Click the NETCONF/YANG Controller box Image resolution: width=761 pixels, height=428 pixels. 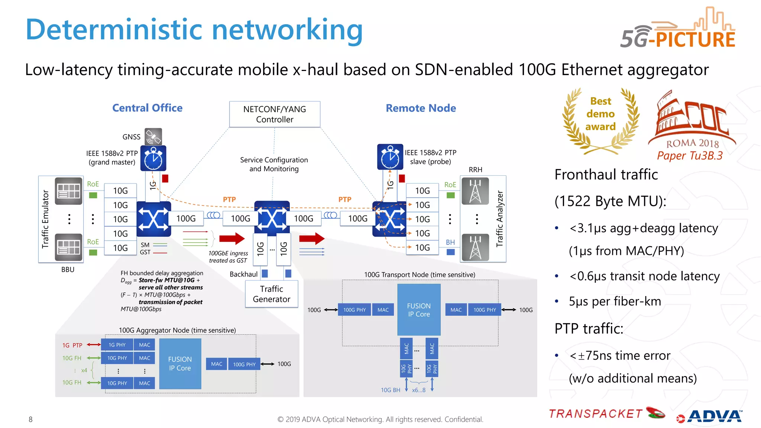(x=275, y=114)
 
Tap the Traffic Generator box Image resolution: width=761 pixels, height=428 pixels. (x=272, y=294)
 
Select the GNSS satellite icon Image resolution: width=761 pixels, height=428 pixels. (x=153, y=137)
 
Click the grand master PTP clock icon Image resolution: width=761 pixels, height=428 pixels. (x=153, y=159)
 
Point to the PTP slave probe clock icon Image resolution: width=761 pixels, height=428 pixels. (x=390, y=157)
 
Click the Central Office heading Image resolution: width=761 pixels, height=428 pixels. (x=147, y=108)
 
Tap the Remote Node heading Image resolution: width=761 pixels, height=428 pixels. (x=421, y=108)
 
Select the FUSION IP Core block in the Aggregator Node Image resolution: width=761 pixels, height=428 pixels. (x=180, y=364)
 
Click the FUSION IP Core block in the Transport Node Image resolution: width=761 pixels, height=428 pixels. (x=419, y=310)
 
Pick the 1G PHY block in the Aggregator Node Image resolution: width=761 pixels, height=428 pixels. (x=117, y=345)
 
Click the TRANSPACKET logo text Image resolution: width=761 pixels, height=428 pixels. (x=596, y=414)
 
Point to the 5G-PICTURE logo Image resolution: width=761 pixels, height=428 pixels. (x=678, y=30)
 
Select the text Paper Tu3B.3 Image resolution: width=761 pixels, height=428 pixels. (x=690, y=156)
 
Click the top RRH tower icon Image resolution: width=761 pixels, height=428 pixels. (x=475, y=191)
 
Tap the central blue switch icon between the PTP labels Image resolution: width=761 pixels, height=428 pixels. (x=272, y=218)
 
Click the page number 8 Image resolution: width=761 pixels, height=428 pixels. (x=30, y=419)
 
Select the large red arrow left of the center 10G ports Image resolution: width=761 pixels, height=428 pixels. (x=231, y=239)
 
